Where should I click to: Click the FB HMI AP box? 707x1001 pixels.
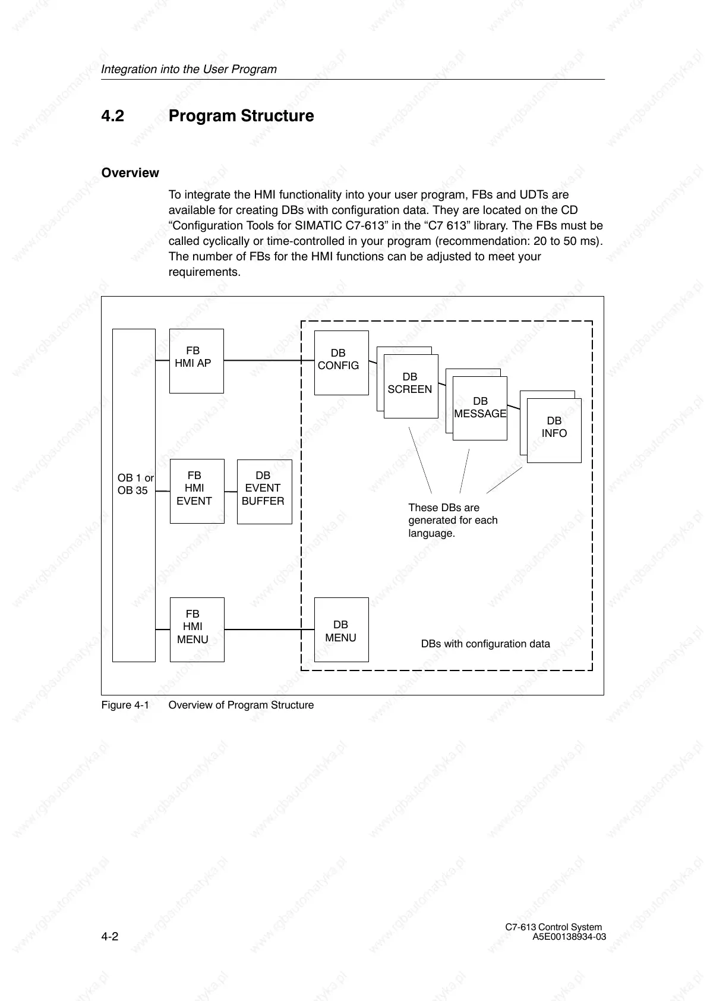pos(196,361)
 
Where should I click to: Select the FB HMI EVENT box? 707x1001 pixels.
pos(197,491)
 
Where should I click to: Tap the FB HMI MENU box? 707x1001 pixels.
pos(197,629)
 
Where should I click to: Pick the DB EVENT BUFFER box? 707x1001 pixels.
pos(264,491)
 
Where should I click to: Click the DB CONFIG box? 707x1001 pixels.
pos(341,363)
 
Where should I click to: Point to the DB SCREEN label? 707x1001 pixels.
pos(410,383)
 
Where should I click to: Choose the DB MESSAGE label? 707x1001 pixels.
pos(480,408)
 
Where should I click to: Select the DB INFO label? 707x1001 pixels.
pos(554,427)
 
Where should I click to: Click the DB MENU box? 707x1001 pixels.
pos(341,630)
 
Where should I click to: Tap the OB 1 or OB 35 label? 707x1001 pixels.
pos(135,484)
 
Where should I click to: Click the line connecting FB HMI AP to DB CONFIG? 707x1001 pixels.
pos(269,360)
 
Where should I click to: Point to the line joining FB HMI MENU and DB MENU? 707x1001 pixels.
pos(269,629)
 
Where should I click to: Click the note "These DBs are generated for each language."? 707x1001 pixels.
pos(453,520)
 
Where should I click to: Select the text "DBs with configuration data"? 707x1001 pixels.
pos(485,644)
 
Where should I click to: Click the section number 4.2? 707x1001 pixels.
pos(113,116)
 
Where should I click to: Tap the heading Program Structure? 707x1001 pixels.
pos(241,116)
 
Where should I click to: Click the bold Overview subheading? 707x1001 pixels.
pos(130,173)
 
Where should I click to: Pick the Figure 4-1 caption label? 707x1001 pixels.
pos(125,705)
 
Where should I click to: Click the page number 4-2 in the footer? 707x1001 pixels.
pos(110,937)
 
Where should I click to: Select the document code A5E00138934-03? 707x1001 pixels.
pos(569,937)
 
